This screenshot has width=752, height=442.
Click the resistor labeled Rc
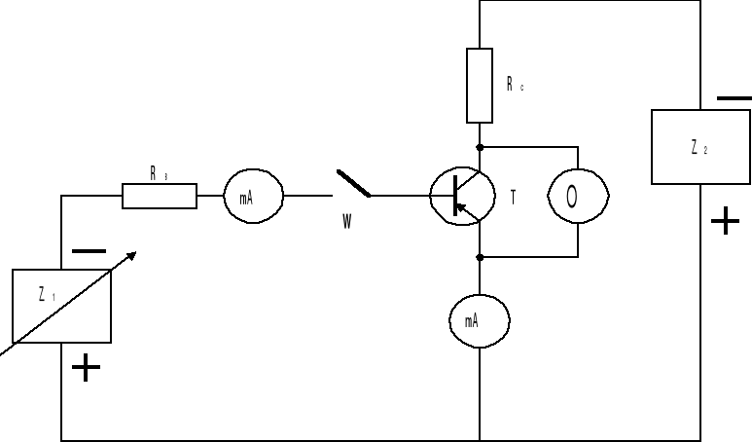click(480, 86)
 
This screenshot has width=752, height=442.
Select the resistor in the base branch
click(159, 196)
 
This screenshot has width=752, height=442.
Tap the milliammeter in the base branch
click(253, 197)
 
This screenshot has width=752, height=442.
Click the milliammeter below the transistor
click(480, 321)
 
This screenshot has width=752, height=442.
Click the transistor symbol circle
click(458, 196)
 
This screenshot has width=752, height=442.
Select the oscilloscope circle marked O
click(578, 196)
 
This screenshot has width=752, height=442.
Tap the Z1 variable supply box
click(61, 305)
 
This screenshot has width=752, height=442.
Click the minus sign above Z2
click(734, 98)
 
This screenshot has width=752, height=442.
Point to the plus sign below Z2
click(725, 223)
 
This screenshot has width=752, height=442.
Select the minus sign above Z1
click(90, 252)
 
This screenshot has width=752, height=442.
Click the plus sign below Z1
click(87, 368)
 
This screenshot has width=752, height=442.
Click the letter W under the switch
click(346, 222)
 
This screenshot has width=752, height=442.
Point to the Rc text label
click(514, 85)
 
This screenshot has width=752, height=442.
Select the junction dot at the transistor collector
click(480, 147)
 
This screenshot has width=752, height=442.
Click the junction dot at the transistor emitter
click(480, 258)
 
